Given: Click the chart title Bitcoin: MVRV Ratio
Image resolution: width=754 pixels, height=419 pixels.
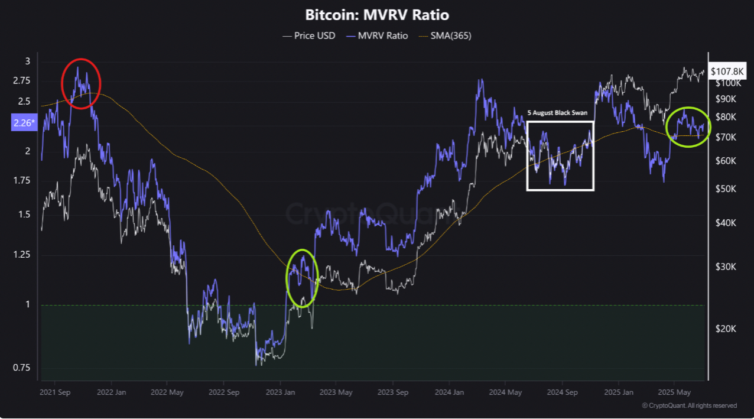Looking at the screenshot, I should [376, 15].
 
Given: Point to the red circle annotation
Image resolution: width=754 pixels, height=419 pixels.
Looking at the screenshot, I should [82, 83].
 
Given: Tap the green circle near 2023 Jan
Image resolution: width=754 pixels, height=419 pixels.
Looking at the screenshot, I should [303, 275].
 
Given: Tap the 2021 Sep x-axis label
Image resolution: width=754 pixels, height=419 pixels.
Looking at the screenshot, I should [56, 392].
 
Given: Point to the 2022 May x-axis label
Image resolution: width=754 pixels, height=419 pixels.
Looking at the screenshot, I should [167, 392].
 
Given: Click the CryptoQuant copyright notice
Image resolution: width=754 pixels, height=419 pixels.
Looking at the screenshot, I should [689, 405].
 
